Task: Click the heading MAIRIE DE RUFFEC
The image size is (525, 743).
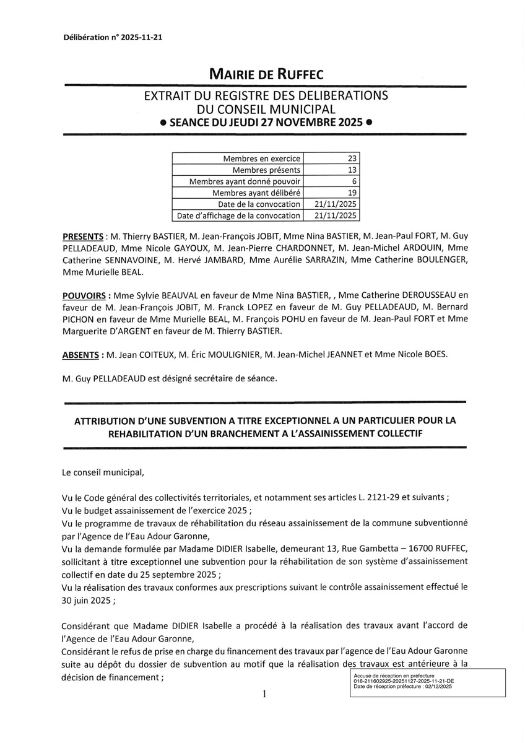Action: tap(262, 75)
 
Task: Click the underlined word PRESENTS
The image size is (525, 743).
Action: tap(83, 237)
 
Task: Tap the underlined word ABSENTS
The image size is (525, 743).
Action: tap(82, 355)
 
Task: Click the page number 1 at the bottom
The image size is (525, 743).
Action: tap(264, 694)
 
